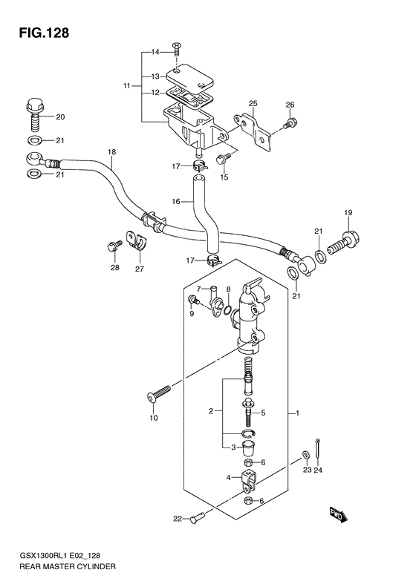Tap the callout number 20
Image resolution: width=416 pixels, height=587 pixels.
pos(60,117)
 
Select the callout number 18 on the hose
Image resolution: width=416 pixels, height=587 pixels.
pos(111,153)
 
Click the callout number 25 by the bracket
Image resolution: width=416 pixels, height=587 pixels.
pos(253,102)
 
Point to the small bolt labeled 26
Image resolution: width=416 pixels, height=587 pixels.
pos(290,123)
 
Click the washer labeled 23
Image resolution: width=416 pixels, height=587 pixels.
pos(306,454)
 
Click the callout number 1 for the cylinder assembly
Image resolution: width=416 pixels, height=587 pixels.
pos(296,413)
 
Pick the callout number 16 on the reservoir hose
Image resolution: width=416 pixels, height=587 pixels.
pos(176,201)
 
